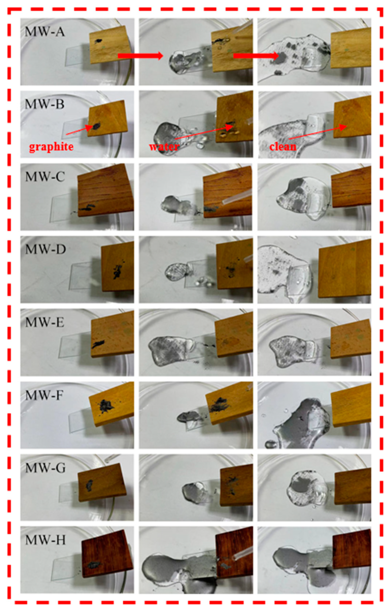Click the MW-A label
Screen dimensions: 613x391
[x=45, y=33]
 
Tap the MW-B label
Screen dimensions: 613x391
[x=45, y=105]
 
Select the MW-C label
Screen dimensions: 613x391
[x=45, y=177]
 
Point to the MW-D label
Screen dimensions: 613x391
[x=46, y=250]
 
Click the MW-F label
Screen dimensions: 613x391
[x=44, y=395]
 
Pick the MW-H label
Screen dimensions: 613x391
[x=46, y=540]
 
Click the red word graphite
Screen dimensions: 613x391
[x=51, y=147]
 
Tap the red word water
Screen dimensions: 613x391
[x=164, y=147]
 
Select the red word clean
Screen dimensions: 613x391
[x=283, y=147]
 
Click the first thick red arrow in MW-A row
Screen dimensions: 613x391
[x=140, y=55]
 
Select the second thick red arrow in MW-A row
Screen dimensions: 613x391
[x=256, y=56]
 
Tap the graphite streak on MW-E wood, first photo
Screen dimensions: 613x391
[x=98, y=344]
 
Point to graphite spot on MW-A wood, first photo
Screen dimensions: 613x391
[x=98, y=41]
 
